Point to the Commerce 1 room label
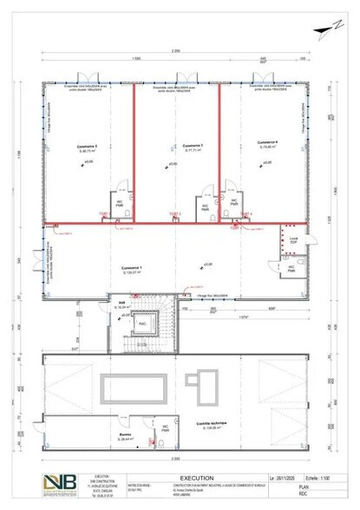[132, 268]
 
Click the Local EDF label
[292, 239]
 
